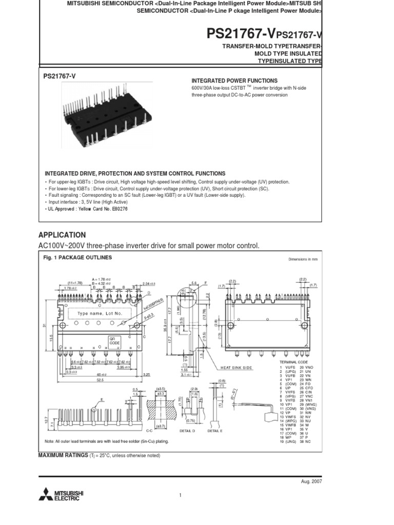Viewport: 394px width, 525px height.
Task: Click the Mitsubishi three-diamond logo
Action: (x=46, y=495)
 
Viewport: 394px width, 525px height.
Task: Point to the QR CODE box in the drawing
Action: (x=113, y=341)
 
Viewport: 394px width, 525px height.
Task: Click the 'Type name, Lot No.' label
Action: (x=100, y=313)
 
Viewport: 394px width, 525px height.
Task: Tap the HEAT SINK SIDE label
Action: (x=237, y=368)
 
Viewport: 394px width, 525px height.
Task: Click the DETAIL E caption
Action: (x=215, y=431)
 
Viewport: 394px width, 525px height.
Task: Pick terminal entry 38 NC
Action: (x=305, y=441)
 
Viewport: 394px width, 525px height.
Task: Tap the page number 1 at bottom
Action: (x=181, y=495)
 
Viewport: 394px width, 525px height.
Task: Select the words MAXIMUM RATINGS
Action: (x=63, y=455)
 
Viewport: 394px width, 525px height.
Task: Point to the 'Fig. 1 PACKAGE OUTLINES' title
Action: (x=77, y=257)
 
